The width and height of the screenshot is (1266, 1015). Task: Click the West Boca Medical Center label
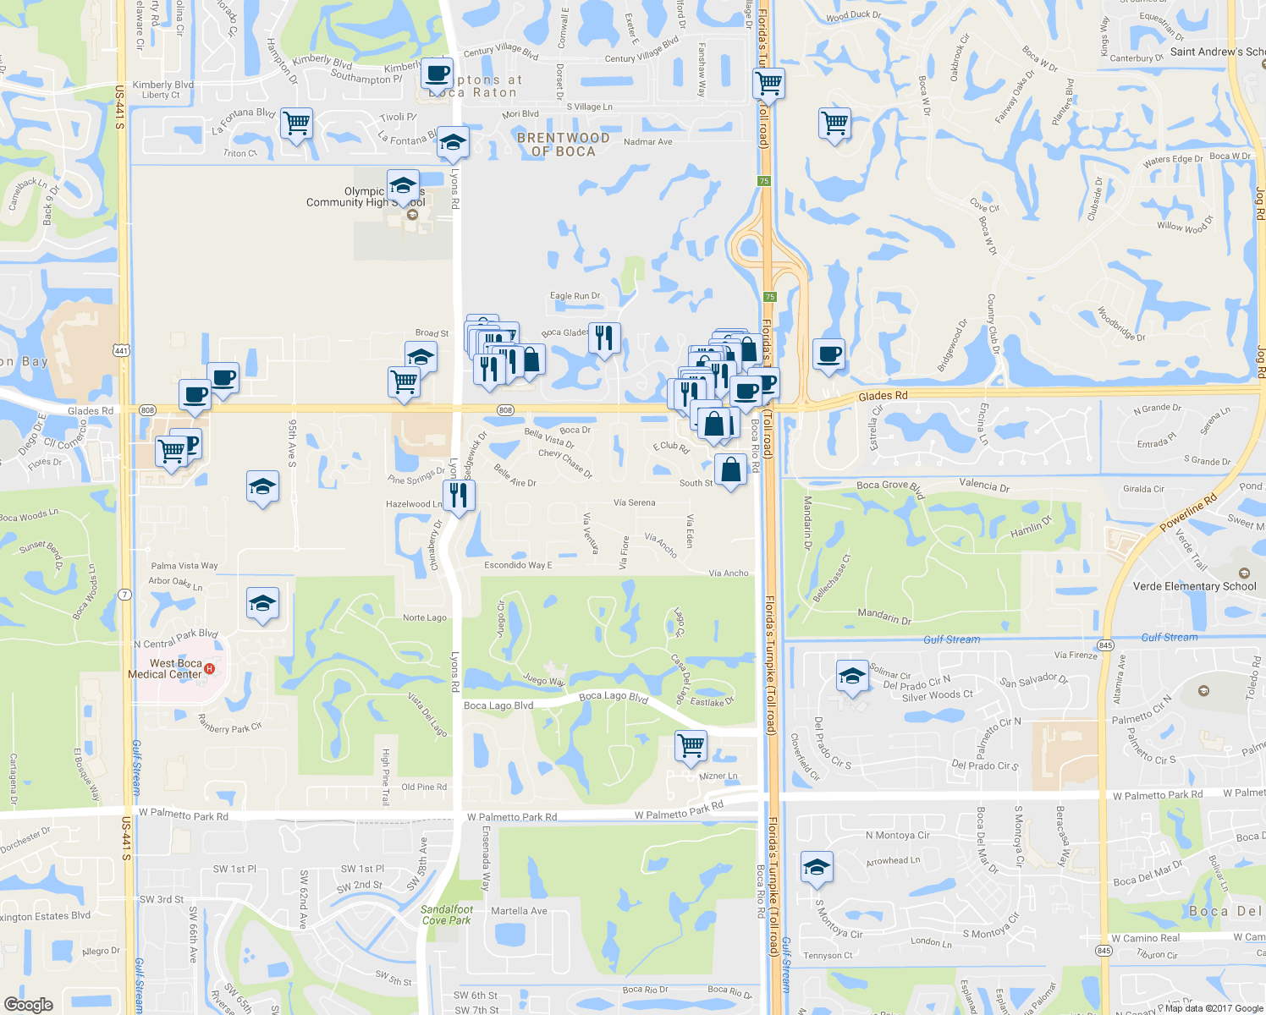(166, 669)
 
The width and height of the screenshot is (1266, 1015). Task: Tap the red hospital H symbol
(210, 669)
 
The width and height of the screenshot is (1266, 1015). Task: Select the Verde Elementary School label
(1194, 586)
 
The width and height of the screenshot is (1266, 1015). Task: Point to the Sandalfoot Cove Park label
(447, 915)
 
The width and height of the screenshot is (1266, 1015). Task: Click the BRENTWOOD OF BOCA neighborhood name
(563, 145)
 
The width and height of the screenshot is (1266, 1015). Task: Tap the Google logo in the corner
(29, 1005)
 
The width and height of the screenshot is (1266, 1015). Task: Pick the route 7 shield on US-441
(124, 594)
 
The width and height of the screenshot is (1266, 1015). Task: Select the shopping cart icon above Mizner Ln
(691, 745)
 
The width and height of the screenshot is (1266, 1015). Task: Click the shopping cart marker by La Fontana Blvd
(296, 123)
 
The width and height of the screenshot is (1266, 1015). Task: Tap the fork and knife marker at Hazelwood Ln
(459, 495)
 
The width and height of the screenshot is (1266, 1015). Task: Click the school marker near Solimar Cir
(852, 676)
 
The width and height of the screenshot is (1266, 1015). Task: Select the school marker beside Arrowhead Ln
(817, 867)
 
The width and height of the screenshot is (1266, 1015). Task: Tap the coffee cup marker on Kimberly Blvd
(438, 74)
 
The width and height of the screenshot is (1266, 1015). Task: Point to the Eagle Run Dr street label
(575, 296)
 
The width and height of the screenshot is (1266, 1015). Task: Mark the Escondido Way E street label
(518, 565)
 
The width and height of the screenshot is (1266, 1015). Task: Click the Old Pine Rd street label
(424, 787)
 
